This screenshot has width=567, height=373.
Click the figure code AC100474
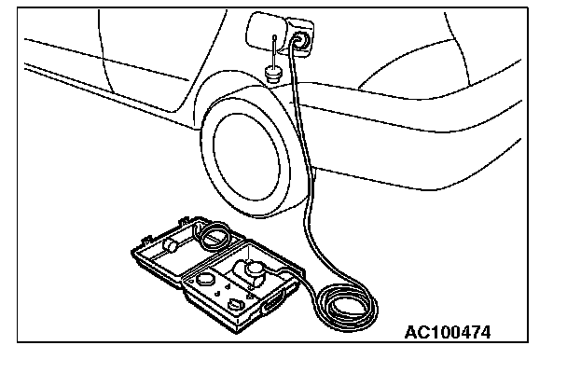pos(448,332)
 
